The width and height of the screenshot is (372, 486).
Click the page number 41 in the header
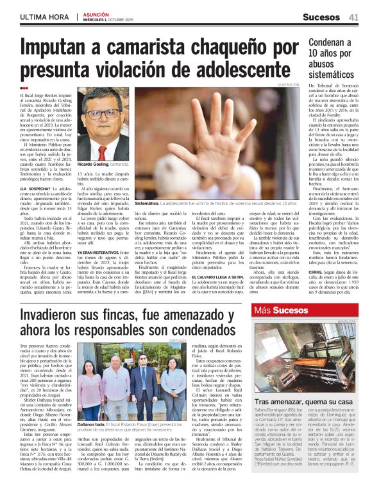pyautogui.click(x=353, y=17)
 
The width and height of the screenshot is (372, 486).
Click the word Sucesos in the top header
pyautogui.click(x=321, y=17)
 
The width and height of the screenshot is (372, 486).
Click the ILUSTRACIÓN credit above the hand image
pyautogui.click(x=288, y=85)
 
